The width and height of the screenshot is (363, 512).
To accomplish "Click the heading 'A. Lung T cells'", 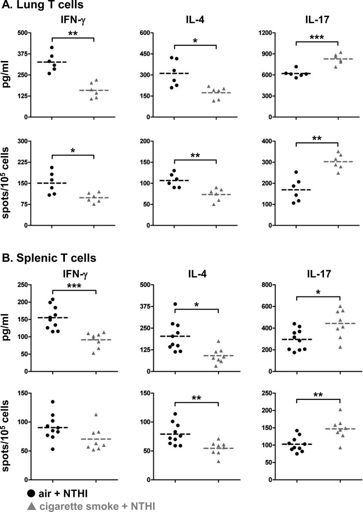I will click(x=40, y=6).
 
